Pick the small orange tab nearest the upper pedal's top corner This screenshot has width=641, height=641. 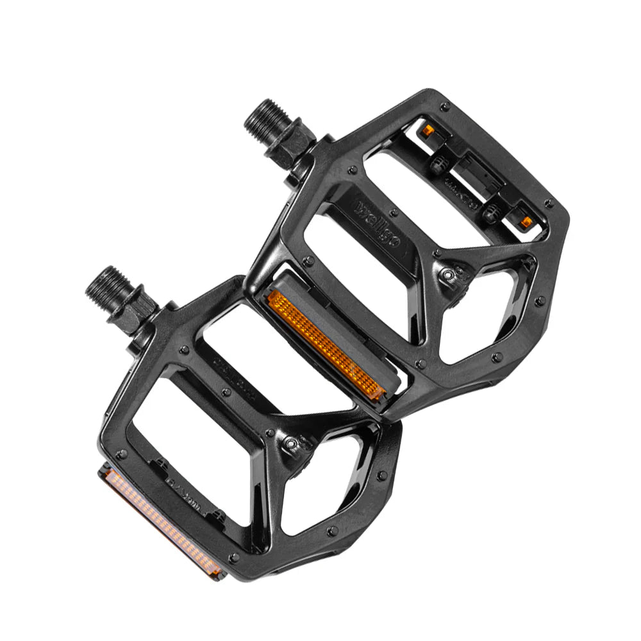pyautogui.click(x=427, y=131)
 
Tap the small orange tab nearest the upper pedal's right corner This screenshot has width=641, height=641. pyautogui.click(x=526, y=221)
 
